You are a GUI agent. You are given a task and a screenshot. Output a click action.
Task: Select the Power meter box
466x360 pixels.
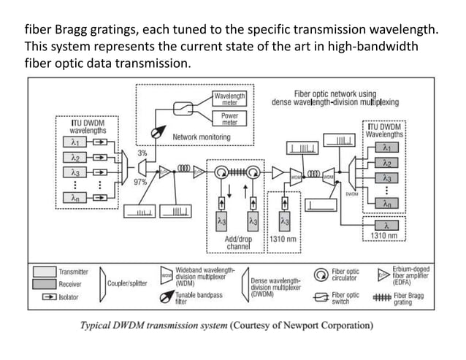point(229,119)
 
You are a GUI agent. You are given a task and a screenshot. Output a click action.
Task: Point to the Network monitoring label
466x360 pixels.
point(202,137)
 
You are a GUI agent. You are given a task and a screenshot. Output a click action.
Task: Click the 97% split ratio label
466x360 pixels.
point(140,182)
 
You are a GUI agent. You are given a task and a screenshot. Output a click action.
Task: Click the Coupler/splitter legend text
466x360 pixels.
point(127,284)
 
